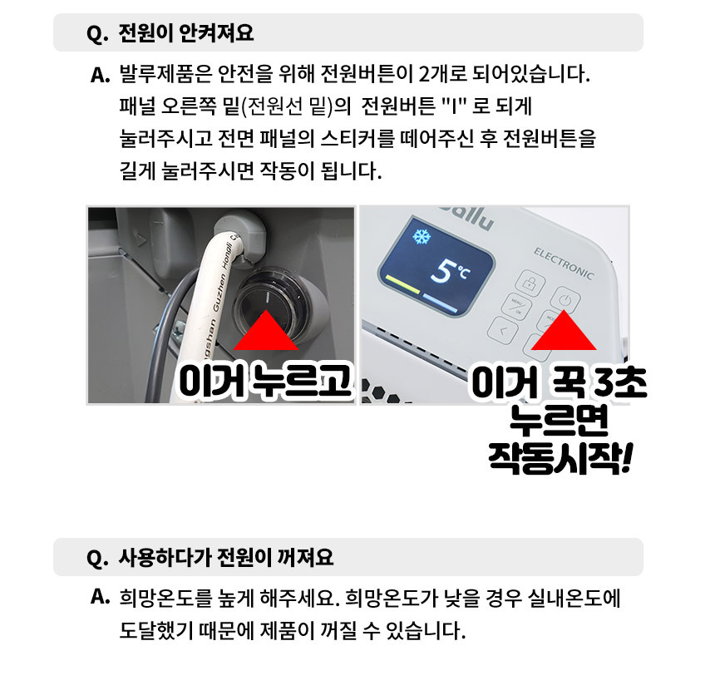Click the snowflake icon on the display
(x=422, y=236)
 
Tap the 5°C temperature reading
(x=450, y=271)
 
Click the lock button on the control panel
(x=530, y=282)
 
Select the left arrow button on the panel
(x=502, y=330)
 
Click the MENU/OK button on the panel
(x=516, y=306)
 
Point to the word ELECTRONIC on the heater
(x=564, y=264)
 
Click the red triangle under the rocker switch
(x=266, y=330)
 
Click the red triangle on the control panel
(x=564, y=330)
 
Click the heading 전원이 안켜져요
(x=185, y=32)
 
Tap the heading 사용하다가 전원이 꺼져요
(x=225, y=557)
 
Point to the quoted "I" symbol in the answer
(x=454, y=106)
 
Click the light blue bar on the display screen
(x=441, y=303)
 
